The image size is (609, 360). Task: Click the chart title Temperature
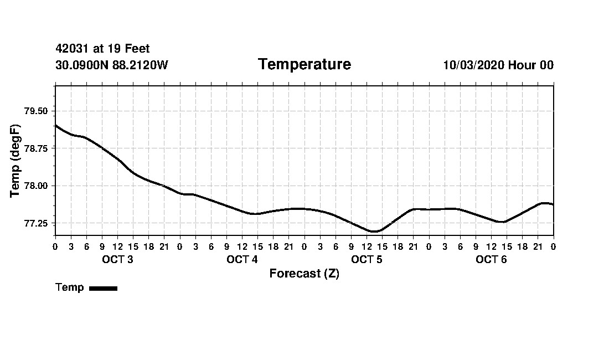click(x=304, y=65)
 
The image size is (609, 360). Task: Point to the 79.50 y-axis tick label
click(x=37, y=111)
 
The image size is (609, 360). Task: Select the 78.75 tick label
click(x=37, y=148)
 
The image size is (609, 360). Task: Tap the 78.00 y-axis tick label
click(x=37, y=186)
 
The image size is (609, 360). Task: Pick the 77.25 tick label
click(x=37, y=223)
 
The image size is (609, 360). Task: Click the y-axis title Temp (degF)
click(x=16, y=161)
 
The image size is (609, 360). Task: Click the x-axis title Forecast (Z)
click(x=304, y=274)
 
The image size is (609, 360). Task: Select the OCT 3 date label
click(x=117, y=260)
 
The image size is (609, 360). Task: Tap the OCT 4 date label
click(x=242, y=260)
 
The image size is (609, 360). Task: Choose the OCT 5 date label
click(x=367, y=260)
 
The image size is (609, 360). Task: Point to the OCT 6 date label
click(x=491, y=260)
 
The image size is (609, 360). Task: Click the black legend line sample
click(x=103, y=288)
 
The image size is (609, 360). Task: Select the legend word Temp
click(x=70, y=287)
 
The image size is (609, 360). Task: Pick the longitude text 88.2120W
click(x=140, y=65)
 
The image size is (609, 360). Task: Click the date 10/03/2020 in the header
click(x=473, y=65)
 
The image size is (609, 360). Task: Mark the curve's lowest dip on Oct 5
click(x=374, y=232)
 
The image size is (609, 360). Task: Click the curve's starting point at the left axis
click(x=56, y=126)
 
